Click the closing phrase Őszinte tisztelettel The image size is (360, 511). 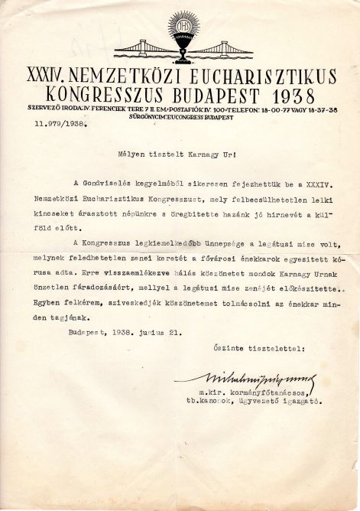tap(258, 347)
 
